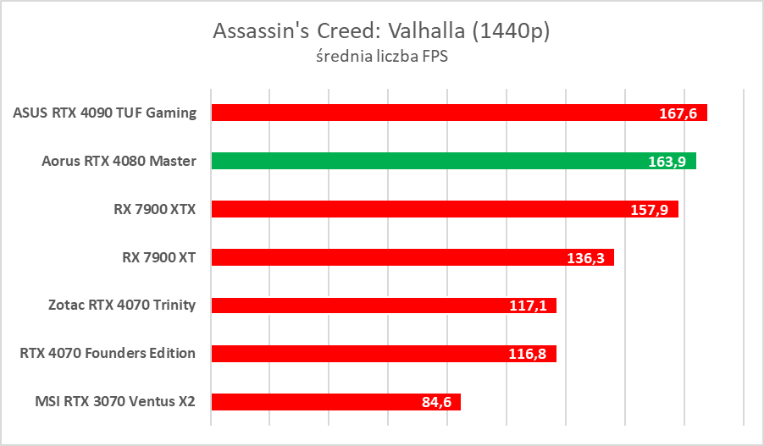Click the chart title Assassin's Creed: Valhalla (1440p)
[382, 31]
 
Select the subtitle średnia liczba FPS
[381, 58]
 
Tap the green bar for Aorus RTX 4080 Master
[424, 161]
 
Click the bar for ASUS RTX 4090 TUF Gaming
[424, 113]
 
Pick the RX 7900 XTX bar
[407, 209]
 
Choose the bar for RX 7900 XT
[381, 257]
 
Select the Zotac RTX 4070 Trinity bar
[356, 306]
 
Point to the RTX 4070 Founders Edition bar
[356, 354]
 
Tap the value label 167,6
[679, 113]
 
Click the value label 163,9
[668, 162]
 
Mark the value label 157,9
[651, 210]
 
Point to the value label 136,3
[586, 258]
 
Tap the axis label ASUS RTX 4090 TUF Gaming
[105, 113]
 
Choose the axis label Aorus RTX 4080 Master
[119, 161]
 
